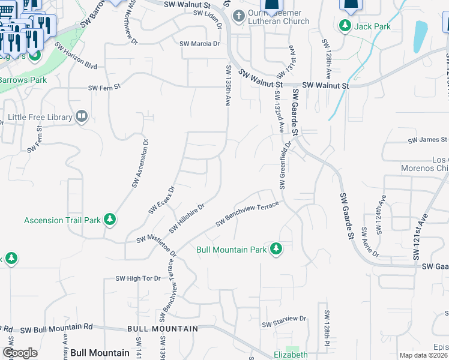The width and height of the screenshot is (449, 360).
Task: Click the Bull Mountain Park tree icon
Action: tap(276, 248)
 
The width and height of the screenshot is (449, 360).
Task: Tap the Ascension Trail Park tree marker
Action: tap(109, 220)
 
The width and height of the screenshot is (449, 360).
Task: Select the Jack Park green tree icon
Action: tap(345, 26)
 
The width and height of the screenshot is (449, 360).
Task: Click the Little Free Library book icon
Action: tap(82, 117)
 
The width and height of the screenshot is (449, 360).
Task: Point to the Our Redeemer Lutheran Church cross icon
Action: tap(239, 16)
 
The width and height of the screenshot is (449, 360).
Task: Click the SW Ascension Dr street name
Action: tap(140, 163)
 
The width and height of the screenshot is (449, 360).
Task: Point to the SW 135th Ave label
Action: tap(229, 86)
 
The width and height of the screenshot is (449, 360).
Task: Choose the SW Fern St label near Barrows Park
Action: tap(104, 88)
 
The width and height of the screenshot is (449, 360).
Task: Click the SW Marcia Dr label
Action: tap(200, 44)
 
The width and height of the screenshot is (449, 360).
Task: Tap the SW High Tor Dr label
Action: tap(138, 279)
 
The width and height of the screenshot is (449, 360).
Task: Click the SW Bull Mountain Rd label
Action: tap(57, 328)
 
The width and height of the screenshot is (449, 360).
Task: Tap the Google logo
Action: tap(20, 353)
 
